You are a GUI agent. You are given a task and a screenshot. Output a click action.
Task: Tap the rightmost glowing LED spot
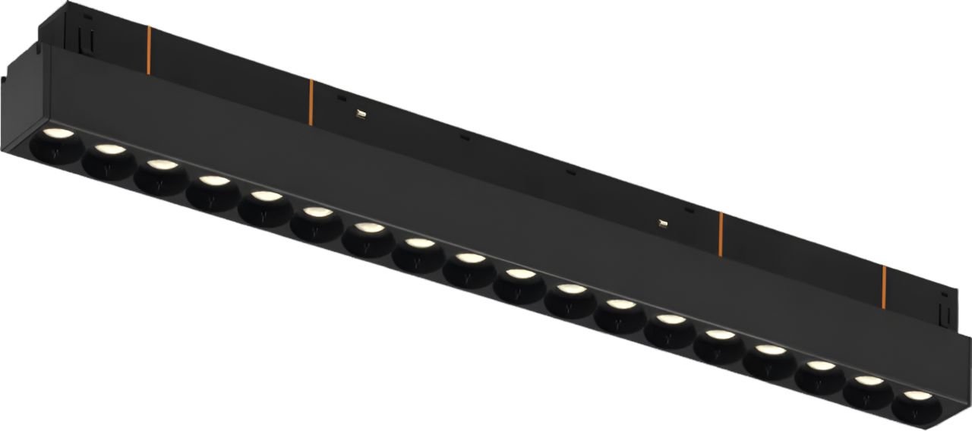[915, 396]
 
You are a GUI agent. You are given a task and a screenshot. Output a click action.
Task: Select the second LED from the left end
[109, 150]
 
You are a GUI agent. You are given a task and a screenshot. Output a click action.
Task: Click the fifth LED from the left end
[264, 196]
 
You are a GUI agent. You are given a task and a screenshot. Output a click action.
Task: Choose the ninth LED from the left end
[469, 259]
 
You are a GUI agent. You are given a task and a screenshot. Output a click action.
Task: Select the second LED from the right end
[867, 381]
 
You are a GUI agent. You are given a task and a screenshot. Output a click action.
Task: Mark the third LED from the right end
[819, 367]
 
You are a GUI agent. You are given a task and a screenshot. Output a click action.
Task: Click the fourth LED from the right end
[768, 351]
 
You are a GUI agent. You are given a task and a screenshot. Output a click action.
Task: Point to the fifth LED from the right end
[718, 335]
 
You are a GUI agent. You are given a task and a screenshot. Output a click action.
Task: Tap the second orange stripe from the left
[311, 102]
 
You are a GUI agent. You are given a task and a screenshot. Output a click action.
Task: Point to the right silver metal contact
[664, 223]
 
